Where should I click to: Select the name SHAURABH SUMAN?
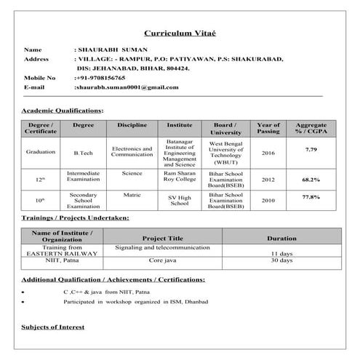111,49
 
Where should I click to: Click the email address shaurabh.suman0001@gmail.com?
127,87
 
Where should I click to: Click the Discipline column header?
132,125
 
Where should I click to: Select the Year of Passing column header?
268,129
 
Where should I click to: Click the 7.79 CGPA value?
311,149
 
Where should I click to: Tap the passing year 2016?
268,153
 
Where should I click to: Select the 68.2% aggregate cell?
311,179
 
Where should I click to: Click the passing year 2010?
268,200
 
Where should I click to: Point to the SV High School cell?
179,200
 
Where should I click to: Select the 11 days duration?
281,253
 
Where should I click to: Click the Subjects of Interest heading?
53,327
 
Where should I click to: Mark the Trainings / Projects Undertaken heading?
75,217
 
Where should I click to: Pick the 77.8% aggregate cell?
311,197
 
